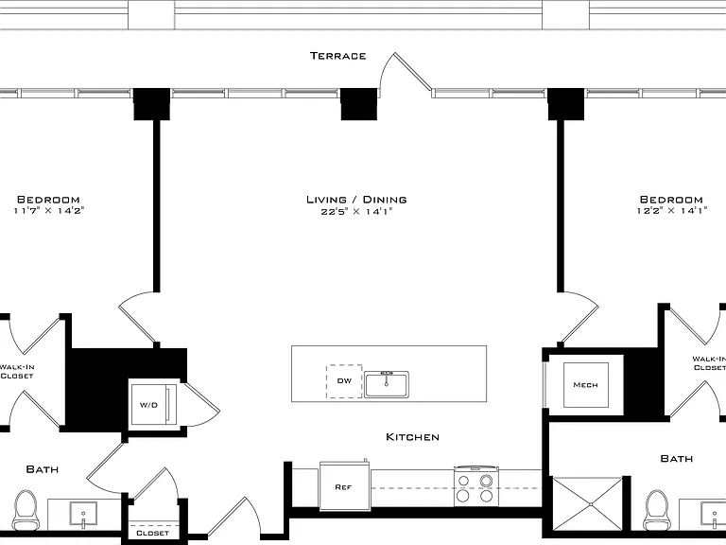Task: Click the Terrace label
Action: click(x=338, y=56)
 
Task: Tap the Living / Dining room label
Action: click(x=356, y=200)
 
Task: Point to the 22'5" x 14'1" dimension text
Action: click(x=356, y=212)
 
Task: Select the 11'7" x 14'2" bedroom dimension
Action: click(x=48, y=211)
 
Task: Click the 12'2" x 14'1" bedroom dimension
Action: click(x=671, y=211)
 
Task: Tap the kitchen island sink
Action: click(x=387, y=384)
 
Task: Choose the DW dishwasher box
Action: click(x=344, y=381)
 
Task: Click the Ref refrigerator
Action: click(x=344, y=485)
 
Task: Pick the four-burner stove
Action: click(x=475, y=486)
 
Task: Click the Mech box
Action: click(x=586, y=385)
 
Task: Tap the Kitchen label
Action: click(x=412, y=437)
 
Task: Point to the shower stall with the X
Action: click(x=588, y=503)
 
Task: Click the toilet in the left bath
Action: click(x=26, y=510)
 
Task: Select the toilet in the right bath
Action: click(x=657, y=510)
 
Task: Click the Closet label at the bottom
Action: click(x=152, y=534)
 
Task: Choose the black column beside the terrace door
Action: click(x=359, y=104)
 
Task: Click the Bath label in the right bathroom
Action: click(x=677, y=459)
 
